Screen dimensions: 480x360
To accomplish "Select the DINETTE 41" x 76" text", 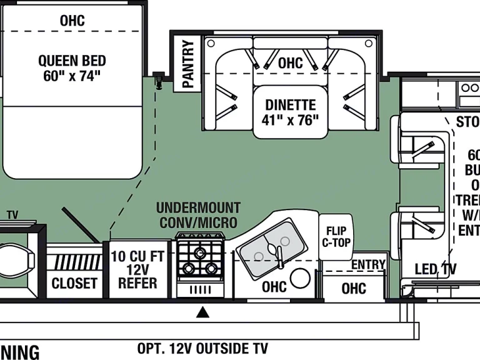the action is point(291,112).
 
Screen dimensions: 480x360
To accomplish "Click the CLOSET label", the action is point(74,283).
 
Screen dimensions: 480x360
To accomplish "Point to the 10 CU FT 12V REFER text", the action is point(139,269).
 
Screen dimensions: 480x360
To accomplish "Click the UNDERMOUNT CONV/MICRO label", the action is point(198,214).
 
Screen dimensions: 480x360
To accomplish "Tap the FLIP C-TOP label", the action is point(337,232).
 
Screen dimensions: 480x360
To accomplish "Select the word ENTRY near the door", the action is point(367,265).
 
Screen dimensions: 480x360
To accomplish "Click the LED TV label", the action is point(436,269).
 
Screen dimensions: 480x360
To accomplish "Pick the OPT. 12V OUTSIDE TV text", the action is point(202,348).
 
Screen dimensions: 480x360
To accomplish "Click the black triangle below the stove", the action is point(202,312).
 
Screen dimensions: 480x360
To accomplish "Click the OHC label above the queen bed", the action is point(72,21).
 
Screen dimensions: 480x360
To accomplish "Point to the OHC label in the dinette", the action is point(290,63).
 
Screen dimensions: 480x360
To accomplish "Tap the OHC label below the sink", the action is point(274,287).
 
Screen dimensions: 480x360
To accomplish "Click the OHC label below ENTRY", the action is point(354,288).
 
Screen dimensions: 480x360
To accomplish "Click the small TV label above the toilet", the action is point(12,215).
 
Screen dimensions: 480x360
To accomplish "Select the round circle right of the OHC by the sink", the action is point(301,279).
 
